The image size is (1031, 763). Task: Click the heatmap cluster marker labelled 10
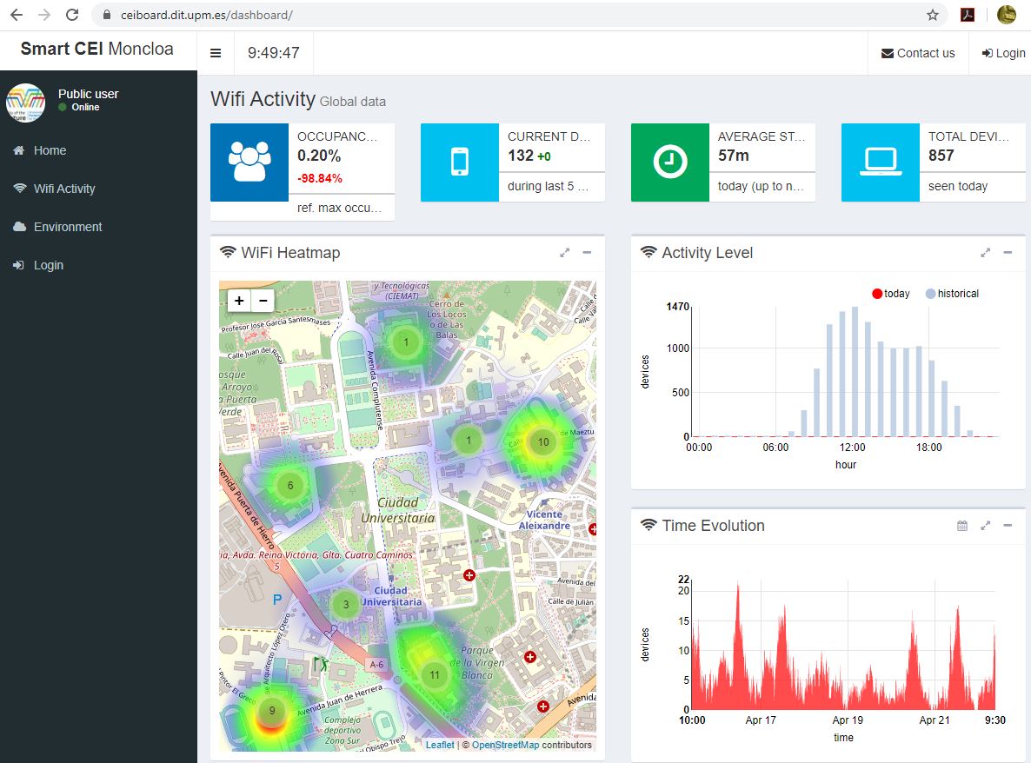pyautogui.click(x=543, y=441)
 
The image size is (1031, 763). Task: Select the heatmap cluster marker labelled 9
pyautogui.click(x=272, y=710)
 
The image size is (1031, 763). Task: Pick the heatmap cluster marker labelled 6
pyautogui.click(x=290, y=486)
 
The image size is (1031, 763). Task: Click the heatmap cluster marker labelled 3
pyautogui.click(x=346, y=605)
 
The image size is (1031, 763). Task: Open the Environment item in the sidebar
pyautogui.click(x=68, y=227)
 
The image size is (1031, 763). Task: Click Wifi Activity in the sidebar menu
pyautogui.click(x=64, y=189)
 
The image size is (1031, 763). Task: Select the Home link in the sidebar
pyautogui.click(x=50, y=150)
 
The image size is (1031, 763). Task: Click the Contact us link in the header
pyautogui.click(x=918, y=53)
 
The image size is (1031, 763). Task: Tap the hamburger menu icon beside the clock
pyautogui.click(x=216, y=53)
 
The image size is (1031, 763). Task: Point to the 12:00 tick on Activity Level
pyautogui.click(x=852, y=448)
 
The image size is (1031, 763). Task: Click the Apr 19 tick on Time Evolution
pyautogui.click(x=848, y=720)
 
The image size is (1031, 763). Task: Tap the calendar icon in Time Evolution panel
pyautogui.click(x=962, y=526)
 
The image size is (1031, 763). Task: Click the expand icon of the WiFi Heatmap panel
pyautogui.click(x=565, y=253)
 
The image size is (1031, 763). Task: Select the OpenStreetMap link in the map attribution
pyautogui.click(x=505, y=745)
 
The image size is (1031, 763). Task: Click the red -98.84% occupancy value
pyautogui.click(x=320, y=178)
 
